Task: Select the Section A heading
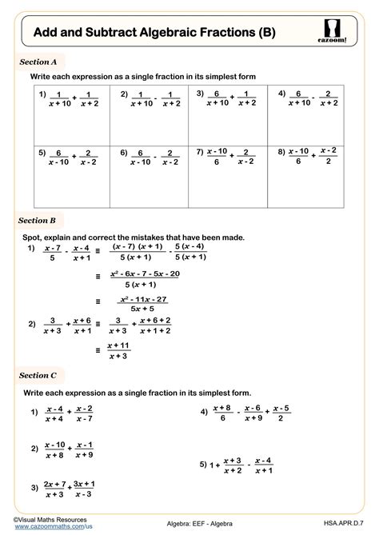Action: point(38,60)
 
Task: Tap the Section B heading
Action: point(38,220)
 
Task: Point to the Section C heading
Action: point(38,375)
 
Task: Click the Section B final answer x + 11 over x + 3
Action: point(118,350)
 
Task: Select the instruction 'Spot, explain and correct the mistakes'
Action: point(134,238)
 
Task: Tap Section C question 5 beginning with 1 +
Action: point(237,465)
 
